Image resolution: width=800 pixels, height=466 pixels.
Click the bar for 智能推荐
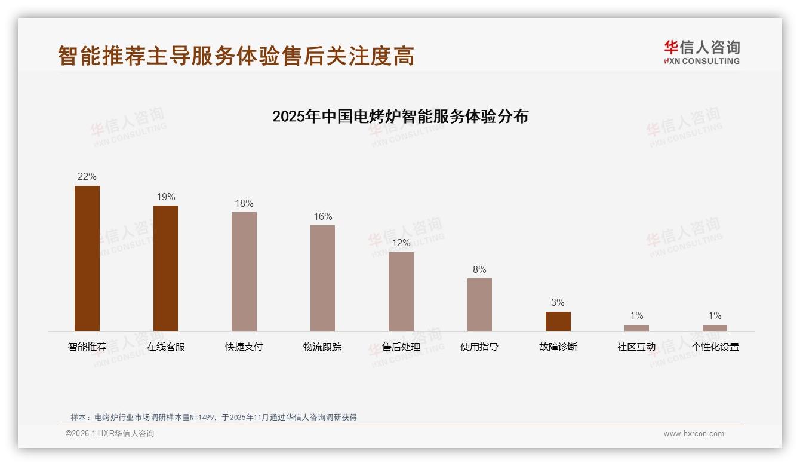point(87,258)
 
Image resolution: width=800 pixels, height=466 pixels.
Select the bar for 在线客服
point(165,268)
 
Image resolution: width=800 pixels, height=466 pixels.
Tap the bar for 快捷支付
point(244,271)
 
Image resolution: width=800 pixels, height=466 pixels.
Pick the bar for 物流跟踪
point(322,278)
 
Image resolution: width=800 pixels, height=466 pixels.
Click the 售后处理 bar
point(401,291)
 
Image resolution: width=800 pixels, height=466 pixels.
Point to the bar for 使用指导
point(479,304)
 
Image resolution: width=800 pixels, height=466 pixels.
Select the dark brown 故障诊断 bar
point(558,321)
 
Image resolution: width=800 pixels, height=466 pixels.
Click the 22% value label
point(87,176)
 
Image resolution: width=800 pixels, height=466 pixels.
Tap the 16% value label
point(322,216)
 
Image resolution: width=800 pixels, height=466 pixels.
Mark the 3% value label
point(558,302)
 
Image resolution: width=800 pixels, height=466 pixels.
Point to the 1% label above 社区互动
point(636,315)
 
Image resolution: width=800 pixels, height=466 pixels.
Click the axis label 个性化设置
point(715,347)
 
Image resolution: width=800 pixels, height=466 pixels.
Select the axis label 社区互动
point(636,347)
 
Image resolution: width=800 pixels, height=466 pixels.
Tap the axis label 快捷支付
point(244,347)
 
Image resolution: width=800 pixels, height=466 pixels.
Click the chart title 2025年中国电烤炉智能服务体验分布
point(400,116)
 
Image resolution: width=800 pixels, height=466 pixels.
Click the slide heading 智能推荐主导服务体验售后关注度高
point(236,56)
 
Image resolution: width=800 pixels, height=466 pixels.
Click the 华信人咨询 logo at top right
point(702,52)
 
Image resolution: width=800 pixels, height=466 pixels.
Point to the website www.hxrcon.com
point(694,434)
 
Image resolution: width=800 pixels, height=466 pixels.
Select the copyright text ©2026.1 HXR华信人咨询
point(110,434)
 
